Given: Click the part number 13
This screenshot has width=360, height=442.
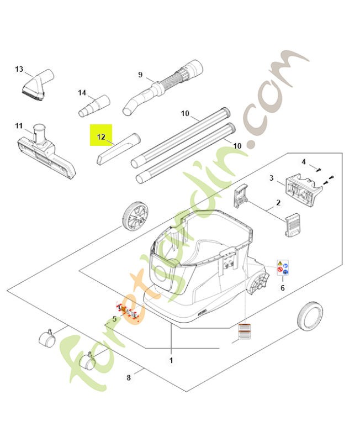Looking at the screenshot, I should coord(19,69).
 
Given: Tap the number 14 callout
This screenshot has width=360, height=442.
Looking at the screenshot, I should coord(82,92).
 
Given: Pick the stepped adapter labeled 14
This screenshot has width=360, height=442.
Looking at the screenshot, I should coord(94,106).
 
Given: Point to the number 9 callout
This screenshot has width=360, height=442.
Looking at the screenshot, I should coord(140,75).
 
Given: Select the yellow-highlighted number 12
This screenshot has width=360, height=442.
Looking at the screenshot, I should coord(101,136).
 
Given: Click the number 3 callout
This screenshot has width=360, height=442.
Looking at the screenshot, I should coord(272,178).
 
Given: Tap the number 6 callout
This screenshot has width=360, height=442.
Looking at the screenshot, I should coord(283,287).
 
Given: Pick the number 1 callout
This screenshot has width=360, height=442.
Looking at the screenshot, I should coord(172,360).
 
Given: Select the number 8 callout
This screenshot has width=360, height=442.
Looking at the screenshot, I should coord(129,378).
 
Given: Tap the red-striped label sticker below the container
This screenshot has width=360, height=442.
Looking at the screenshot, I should coord(243,331).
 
